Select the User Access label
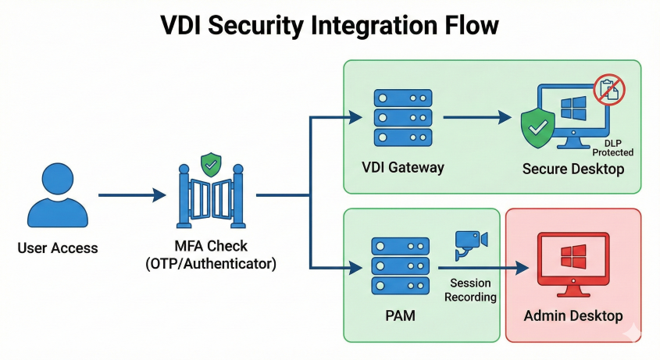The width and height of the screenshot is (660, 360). click(58, 248)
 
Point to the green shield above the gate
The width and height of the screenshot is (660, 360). click(210, 165)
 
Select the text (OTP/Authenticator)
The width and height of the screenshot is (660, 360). click(211, 264)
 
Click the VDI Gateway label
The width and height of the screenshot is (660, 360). click(404, 167)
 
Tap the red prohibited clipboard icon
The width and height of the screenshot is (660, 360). click(611, 89)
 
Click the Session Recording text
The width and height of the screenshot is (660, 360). click(473, 290)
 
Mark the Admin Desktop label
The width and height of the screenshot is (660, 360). click(573, 316)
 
